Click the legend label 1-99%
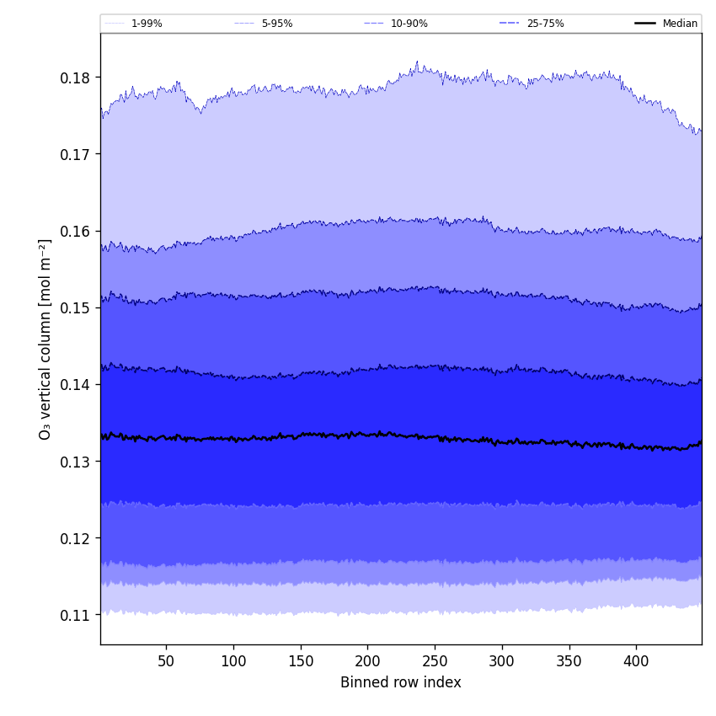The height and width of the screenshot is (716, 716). pyautogui.click(x=146, y=24)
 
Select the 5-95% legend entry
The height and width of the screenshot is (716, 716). pyautogui.click(x=276, y=24)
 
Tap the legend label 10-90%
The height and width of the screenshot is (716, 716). pyautogui.click(x=409, y=24)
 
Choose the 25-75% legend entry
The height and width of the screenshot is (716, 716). pyautogui.click(x=545, y=24)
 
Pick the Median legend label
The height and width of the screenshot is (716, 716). pyautogui.click(x=680, y=24)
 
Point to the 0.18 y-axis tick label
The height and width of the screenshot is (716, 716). pyautogui.click(x=75, y=77)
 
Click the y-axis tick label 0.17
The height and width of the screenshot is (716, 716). pyautogui.click(x=75, y=154)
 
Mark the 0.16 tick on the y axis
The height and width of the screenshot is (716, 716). pyautogui.click(x=75, y=231)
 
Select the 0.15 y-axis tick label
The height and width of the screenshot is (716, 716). pyautogui.click(x=75, y=307)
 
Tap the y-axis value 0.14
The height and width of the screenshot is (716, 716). pyautogui.click(x=75, y=384)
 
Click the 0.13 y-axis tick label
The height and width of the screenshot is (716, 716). pyautogui.click(x=75, y=462)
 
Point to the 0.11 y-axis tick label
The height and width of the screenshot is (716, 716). pyautogui.click(x=75, y=615)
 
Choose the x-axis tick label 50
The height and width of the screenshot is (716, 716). pyautogui.click(x=166, y=661)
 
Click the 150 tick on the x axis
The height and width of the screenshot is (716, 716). pyautogui.click(x=300, y=661)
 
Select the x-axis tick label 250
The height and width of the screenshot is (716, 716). pyautogui.click(x=435, y=661)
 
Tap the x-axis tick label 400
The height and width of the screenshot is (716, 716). pyautogui.click(x=636, y=661)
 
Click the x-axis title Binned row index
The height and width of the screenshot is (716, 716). pyautogui.click(x=401, y=682)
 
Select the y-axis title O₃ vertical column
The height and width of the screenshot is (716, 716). pyautogui.click(x=45, y=339)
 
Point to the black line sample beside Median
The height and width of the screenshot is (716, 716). pyautogui.click(x=645, y=24)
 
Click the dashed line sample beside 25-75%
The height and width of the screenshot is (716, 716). pyautogui.click(x=510, y=24)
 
